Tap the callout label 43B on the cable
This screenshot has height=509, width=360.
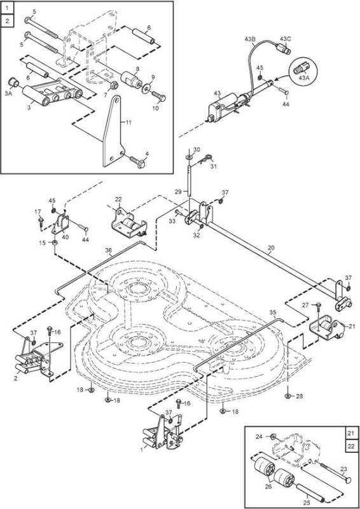tap(250, 39)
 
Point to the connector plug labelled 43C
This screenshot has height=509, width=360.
tap(286, 50)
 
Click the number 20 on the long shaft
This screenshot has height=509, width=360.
tap(271, 248)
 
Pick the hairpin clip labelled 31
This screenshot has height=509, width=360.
tap(205, 158)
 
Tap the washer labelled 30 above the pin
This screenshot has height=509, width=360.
tap(190, 157)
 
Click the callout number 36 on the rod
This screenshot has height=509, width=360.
tap(108, 250)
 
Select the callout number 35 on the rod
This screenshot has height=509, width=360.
tap(273, 312)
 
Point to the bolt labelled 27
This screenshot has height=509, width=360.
tap(318, 306)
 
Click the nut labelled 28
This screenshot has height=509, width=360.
tap(287, 396)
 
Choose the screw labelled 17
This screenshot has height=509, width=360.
tap(41, 221)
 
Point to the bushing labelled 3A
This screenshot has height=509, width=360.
tap(13, 83)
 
